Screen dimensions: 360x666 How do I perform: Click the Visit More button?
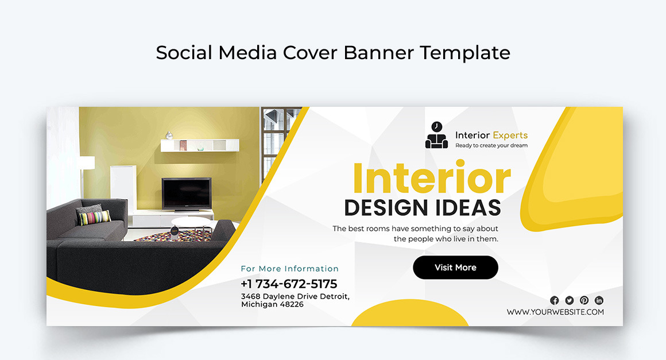pyautogui.click(x=455, y=268)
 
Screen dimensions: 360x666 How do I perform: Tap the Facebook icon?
pyautogui.click(x=554, y=300)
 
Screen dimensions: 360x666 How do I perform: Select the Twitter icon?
pyautogui.click(x=569, y=300)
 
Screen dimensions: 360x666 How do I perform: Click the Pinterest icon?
pyautogui.click(x=584, y=300)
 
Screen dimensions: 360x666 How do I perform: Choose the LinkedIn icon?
pyautogui.click(x=599, y=300)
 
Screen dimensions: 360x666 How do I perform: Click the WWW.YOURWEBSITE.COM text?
pyautogui.click(x=555, y=312)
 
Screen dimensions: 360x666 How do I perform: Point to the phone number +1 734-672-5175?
pyautogui.click(x=289, y=284)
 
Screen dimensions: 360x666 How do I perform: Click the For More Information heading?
pyautogui.click(x=289, y=269)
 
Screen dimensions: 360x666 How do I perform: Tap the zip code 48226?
pyautogui.click(x=292, y=304)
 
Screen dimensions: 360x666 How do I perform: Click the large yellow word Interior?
pyautogui.click(x=431, y=179)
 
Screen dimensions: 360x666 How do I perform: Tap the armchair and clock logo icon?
pyautogui.click(x=436, y=136)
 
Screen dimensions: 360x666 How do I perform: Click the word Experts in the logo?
pyautogui.click(x=510, y=136)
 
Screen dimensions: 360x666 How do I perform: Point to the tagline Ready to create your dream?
pyautogui.click(x=491, y=146)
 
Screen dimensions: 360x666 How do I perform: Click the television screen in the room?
pyautogui.click(x=186, y=193)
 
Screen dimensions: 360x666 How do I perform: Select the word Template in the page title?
pyautogui.click(x=464, y=53)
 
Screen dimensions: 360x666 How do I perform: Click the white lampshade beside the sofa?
pyautogui.click(x=86, y=163)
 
